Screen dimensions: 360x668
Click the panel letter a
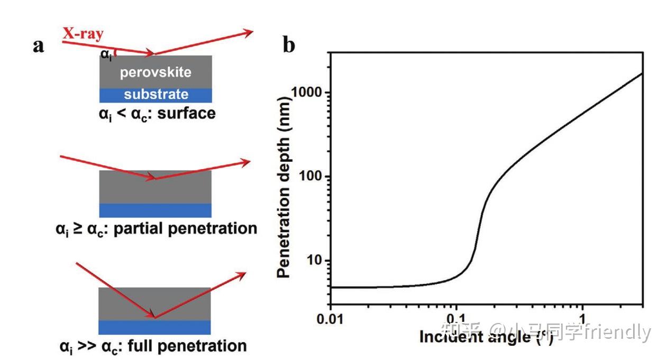(39, 45)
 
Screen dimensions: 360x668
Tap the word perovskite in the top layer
(155, 72)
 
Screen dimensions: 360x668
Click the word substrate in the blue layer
(156, 95)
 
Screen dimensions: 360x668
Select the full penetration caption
(153, 346)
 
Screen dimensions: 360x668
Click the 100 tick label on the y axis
(312, 177)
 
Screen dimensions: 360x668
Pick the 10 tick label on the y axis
(316, 261)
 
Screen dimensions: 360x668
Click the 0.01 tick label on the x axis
(331, 321)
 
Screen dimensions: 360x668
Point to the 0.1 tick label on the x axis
(456, 321)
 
